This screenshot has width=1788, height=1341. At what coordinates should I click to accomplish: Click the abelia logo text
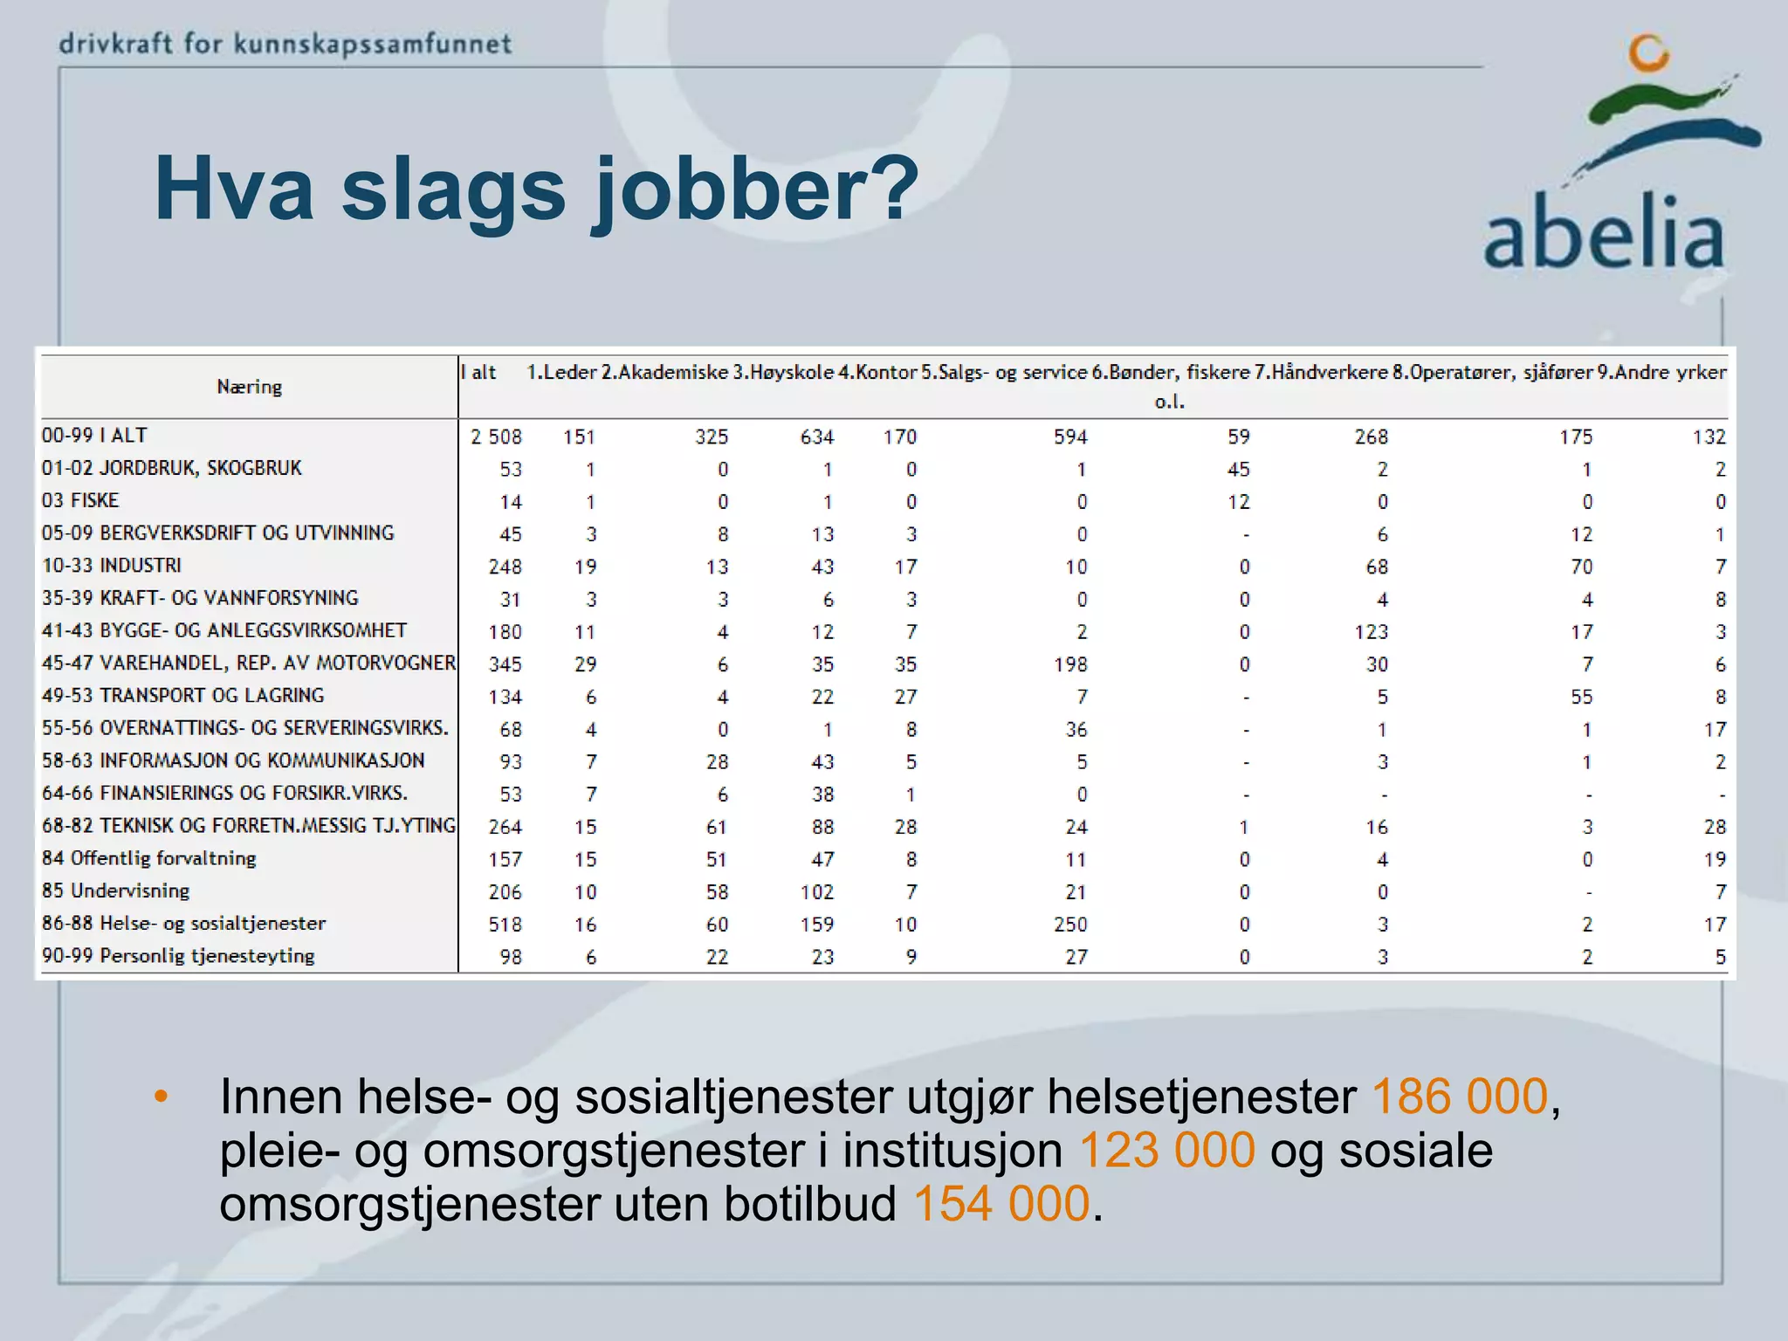pos(1604,233)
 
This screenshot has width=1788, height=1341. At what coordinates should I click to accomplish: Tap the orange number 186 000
pos(1460,1097)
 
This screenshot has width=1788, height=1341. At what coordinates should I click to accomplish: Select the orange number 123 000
pos(1167,1151)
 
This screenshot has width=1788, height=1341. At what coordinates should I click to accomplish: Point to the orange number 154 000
pos(1001,1204)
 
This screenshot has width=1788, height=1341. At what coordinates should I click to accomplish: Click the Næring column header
pos(249,387)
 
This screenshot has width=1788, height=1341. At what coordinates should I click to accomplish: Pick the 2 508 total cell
pos(496,437)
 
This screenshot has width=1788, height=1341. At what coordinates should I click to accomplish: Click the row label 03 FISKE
pos(80,500)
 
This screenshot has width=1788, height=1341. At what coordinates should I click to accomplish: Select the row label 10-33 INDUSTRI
pos(112,566)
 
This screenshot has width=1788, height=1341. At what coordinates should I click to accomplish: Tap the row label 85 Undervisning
pos(115,891)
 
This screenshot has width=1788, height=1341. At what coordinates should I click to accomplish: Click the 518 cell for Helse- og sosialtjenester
pos(505,925)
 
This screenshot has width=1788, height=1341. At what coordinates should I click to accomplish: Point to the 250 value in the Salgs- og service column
pos(1070,925)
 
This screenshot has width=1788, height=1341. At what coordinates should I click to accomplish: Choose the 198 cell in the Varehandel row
pos(1070,664)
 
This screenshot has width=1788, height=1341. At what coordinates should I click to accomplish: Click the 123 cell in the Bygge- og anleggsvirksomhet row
pos(1371,632)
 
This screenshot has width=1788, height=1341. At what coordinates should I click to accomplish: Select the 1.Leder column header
pos(560,372)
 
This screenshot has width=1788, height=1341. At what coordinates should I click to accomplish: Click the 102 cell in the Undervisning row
pos(817,892)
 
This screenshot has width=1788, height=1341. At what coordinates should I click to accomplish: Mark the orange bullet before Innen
pos(161,1097)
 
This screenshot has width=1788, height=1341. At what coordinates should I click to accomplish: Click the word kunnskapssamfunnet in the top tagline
pos(373,43)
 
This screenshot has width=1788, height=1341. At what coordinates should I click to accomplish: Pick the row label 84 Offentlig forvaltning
pos(148,858)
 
